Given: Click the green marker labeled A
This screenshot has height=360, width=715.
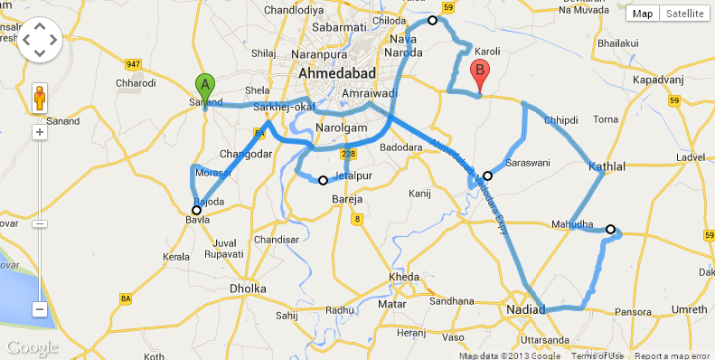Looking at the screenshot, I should (x=205, y=88).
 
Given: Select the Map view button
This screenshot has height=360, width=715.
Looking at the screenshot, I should (x=644, y=14).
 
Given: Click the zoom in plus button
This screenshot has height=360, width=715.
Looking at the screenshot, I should (x=40, y=132).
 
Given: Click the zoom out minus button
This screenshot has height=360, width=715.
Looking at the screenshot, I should (x=40, y=309).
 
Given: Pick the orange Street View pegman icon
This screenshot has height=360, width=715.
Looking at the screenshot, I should (x=40, y=97).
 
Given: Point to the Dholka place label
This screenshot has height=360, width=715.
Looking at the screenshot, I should (x=248, y=289).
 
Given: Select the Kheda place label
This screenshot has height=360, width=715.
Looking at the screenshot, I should (x=403, y=276).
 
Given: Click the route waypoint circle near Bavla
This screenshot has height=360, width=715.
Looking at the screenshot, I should (x=197, y=210).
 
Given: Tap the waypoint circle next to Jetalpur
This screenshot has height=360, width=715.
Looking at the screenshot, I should (x=323, y=179).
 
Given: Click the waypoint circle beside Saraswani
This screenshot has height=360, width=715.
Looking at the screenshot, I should (x=487, y=175).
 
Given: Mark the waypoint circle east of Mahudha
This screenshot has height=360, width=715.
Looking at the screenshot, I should (x=610, y=229).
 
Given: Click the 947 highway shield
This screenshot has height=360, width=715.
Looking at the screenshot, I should (x=134, y=64).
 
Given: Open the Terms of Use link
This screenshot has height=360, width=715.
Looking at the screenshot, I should (x=597, y=355).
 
